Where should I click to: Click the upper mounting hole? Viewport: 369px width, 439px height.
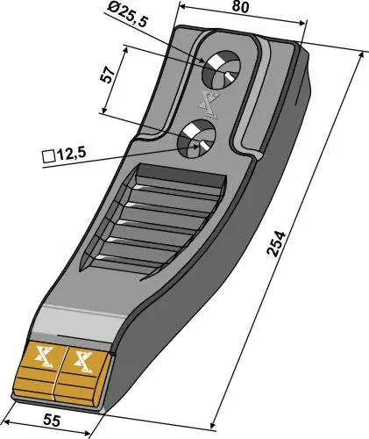[224, 67]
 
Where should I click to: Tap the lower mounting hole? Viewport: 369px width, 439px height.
[197, 137]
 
